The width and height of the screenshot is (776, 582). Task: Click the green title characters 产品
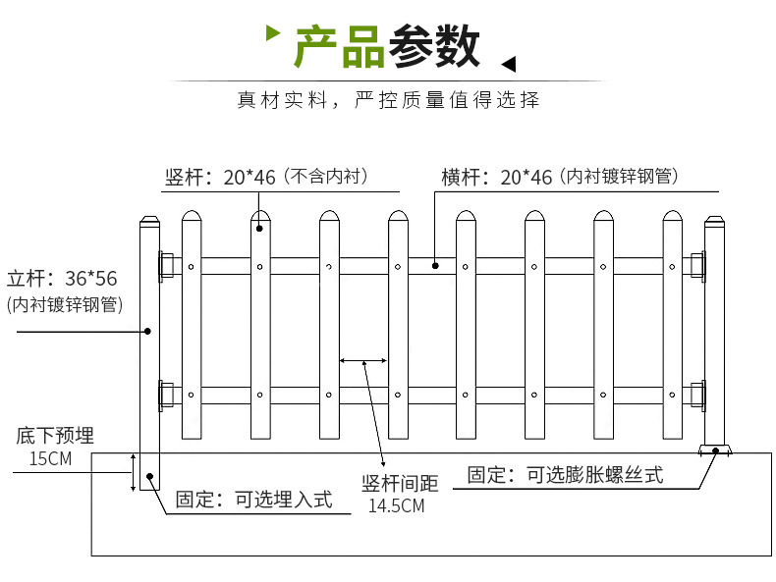(x=340, y=46)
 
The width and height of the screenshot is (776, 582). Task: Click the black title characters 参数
(x=434, y=46)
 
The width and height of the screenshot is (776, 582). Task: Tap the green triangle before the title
(x=274, y=36)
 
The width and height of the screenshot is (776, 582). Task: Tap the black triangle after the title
(x=509, y=65)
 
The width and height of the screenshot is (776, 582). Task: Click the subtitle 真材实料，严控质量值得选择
(x=388, y=100)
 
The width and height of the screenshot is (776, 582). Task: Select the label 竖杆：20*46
(x=221, y=178)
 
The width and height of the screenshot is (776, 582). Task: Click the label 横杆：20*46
(x=497, y=178)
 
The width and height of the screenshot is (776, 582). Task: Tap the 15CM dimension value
(x=50, y=458)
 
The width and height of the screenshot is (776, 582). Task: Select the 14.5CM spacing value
(x=396, y=506)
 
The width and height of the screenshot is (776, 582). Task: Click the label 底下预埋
(x=55, y=437)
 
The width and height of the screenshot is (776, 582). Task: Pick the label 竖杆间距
(x=400, y=484)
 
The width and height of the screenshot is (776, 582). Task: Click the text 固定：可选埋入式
(x=253, y=500)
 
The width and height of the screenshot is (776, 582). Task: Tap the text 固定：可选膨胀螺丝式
(x=565, y=475)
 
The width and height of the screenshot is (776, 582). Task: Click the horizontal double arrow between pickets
(x=362, y=361)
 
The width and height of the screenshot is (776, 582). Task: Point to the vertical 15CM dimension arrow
(x=133, y=473)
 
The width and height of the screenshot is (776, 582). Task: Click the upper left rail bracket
(x=166, y=265)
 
